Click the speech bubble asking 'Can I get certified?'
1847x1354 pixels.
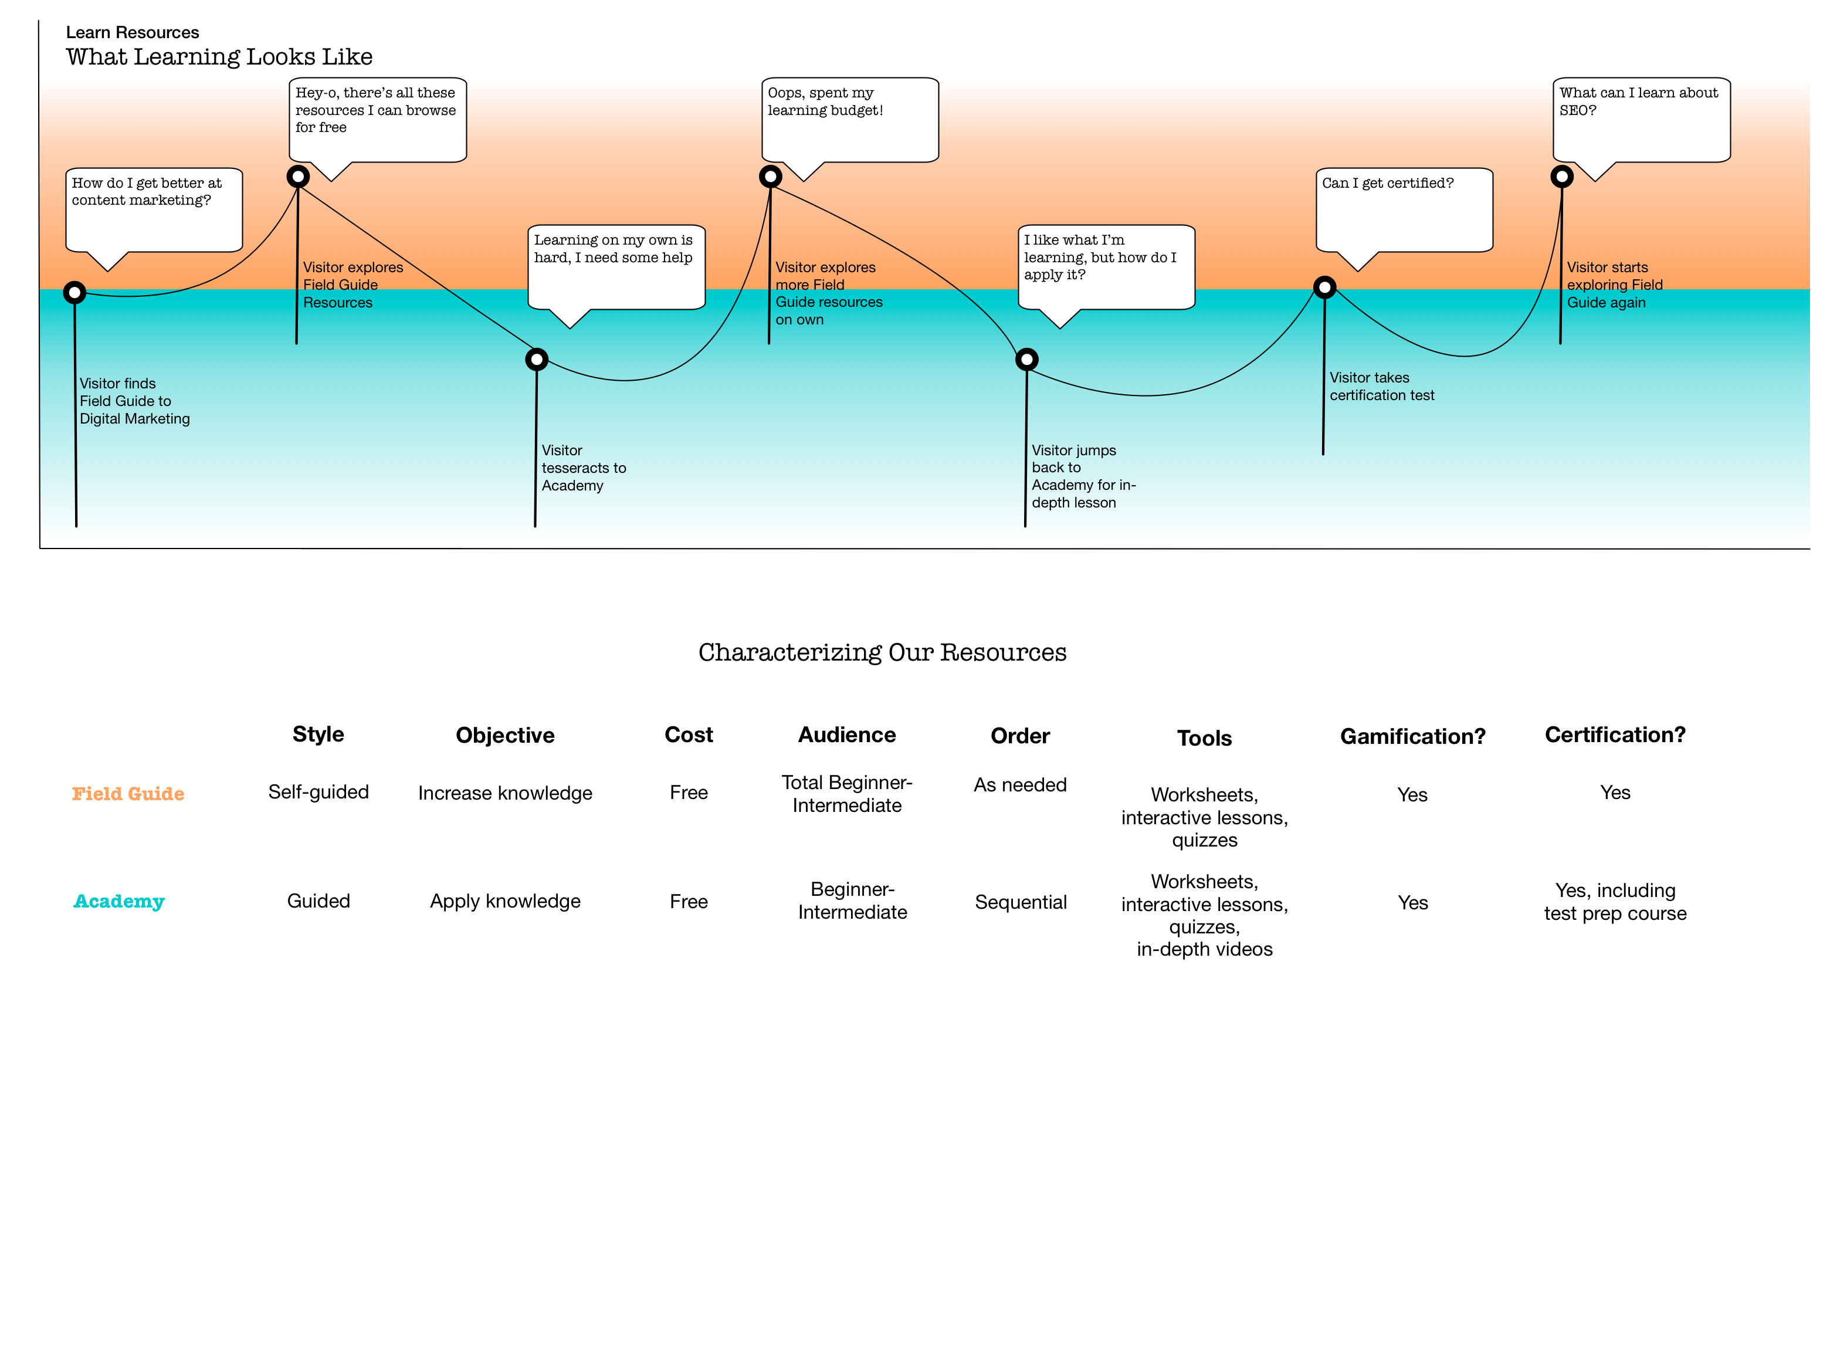pyautogui.click(x=1403, y=210)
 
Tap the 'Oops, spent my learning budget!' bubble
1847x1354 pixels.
pyautogui.click(x=850, y=120)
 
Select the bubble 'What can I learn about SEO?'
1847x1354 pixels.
pyautogui.click(x=1641, y=120)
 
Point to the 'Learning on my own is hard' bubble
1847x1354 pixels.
pyautogui.click(x=616, y=266)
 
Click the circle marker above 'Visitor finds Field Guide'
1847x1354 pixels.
pyautogui.click(x=74, y=293)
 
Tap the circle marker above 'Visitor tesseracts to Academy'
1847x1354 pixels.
pyautogui.click(x=536, y=359)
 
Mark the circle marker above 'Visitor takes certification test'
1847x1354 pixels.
pyautogui.click(x=1324, y=287)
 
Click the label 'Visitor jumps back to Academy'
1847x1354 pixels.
pyautogui.click(x=1083, y=476)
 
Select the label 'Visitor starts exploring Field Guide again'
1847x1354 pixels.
pyautogui.click(x=1614, y=285)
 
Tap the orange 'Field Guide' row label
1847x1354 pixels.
pyautogui.click(x=128, y=793)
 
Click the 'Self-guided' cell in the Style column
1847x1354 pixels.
pyautogui.click(x=318, y=792)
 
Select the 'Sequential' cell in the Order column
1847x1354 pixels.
pyautogui.click(x=1020, y=902)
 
